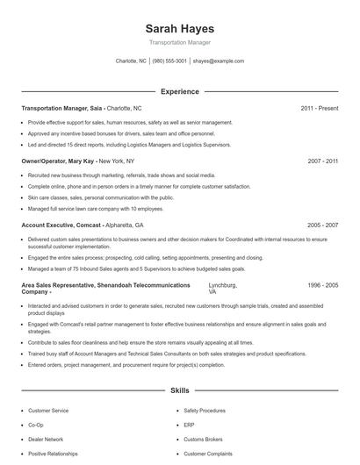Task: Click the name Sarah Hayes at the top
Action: coord(179,29)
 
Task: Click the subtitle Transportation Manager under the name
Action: coord(179,42)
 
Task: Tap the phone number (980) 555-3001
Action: coord(169,61)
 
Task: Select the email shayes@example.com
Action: coord(219,61)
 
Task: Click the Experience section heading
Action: coord(179,91)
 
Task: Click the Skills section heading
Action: coord(179,391)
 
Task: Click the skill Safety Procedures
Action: coord(205,411)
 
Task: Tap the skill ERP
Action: coord(189,425)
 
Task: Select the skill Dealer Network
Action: coord(46,439)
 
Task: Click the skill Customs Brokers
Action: coord(203,439)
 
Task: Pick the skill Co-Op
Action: coord(36,425)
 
